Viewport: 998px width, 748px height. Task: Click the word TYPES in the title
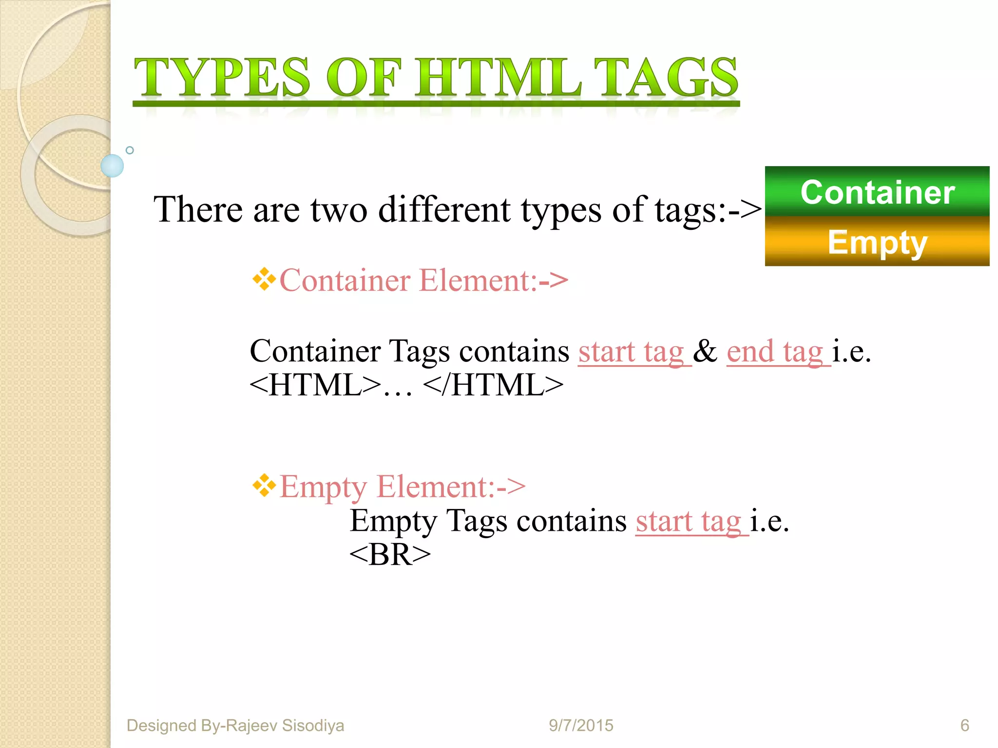(222, 78)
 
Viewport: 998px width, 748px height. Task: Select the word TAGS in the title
(666, 78)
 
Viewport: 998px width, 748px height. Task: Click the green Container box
(877, 192)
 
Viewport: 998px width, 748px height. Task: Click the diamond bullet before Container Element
(264, 280)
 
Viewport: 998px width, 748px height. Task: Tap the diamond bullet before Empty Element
(264, 486)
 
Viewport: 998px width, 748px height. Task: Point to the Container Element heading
(423, 281)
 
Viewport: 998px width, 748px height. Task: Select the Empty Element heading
(402, 486)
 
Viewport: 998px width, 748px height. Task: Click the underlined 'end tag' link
(778, 352)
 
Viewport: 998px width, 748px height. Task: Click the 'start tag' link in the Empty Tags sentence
(691, 521)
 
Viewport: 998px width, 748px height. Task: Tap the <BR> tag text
(390, 555)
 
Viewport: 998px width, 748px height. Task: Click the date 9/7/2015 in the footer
(581, 725)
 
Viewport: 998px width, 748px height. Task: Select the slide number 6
(964, 725)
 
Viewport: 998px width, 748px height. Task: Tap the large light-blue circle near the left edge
(112, 166)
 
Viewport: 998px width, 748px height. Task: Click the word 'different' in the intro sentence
(444, 210)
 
